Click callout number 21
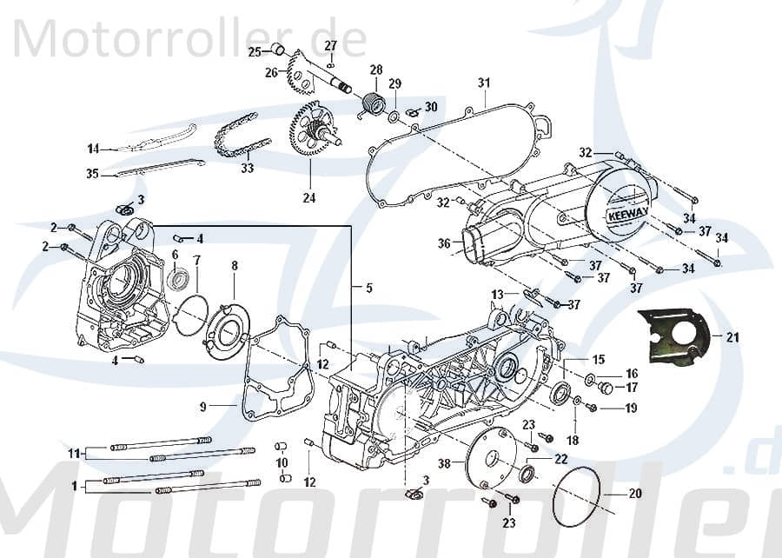(x=732, y=338)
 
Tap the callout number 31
(x=484, y=83)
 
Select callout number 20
(x=635, y=494)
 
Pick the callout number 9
(x=202, y=406)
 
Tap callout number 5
(x=369, y=288)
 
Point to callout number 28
(x=376, y=70)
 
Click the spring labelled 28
(x=373, y=105)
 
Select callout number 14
(x=93, y=147)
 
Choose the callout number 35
(x=93, y=174)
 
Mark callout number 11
(x=75, y=453)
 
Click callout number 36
(x=444, y=244)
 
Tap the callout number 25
(x=255, y=52)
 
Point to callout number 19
(x=631, y=408)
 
